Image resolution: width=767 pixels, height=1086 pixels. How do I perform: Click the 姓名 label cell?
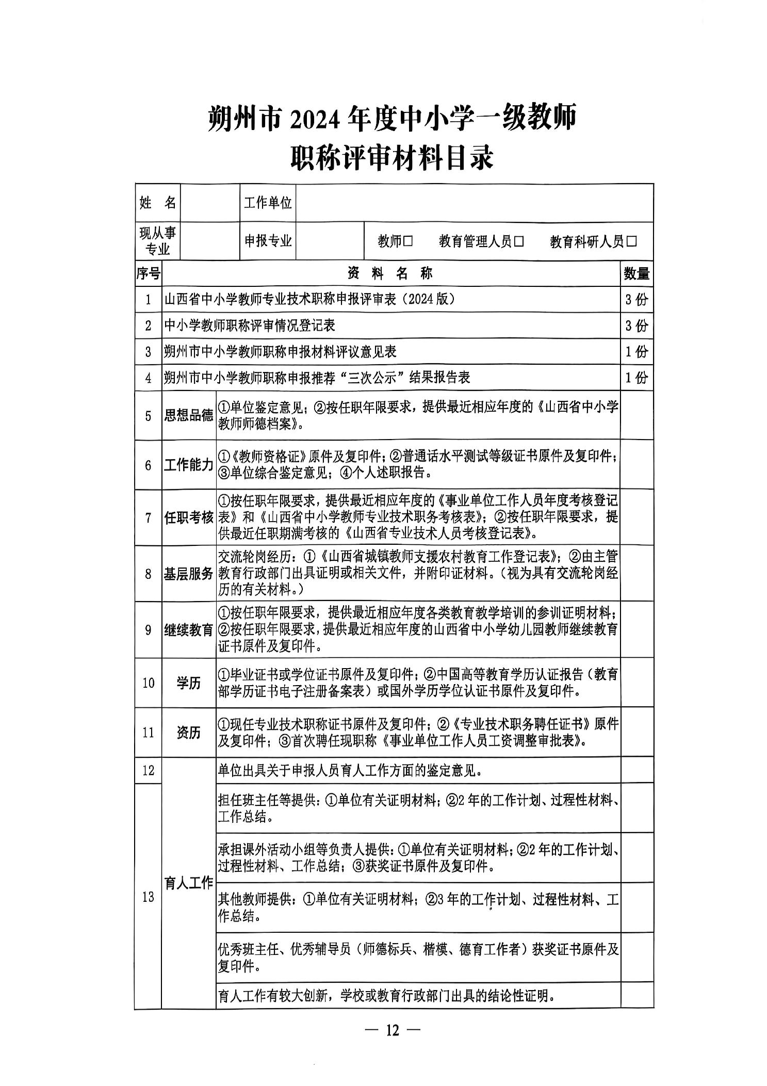click(157, 203)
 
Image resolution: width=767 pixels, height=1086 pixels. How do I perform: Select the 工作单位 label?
click(268, 203)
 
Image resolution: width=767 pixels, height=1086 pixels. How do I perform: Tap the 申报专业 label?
click(268, 241)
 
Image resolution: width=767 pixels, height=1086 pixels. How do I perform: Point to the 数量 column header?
click(636, 273)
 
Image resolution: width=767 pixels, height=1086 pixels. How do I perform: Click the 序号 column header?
click(148, 273)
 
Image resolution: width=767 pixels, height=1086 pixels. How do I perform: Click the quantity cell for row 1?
click(636, 299)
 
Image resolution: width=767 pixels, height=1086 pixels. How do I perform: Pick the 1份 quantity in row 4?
click(636, 378)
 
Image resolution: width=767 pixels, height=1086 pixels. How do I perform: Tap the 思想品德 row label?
click(189, 415)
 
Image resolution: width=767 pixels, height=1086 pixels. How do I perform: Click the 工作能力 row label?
click(189, 465)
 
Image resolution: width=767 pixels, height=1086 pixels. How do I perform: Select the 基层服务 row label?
click(189, 574)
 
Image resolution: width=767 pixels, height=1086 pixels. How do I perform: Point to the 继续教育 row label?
click(189, 630)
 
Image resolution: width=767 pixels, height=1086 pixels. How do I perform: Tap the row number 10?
click(148, 683)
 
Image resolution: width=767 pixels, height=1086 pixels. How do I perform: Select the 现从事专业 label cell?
click(157, 241)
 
